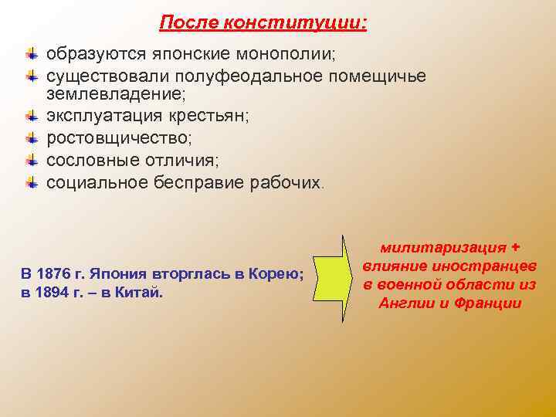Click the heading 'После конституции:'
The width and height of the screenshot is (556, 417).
[x=263, y=23]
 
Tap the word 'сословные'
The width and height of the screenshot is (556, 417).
[x=93, y=161]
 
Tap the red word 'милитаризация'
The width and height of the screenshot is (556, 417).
[x=441, y=248]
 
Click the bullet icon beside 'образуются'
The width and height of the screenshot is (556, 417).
[x=31, y=55]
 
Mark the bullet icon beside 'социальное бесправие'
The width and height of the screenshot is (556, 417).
[x=31, y=182]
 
